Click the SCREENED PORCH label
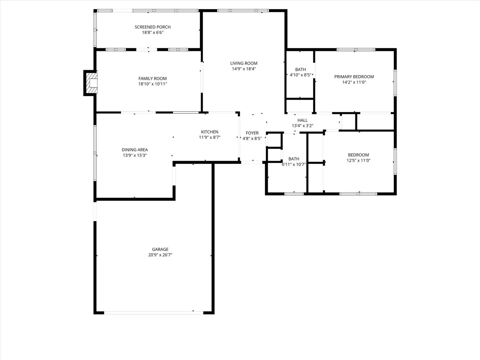click(153, 27)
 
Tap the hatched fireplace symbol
click(91, 83)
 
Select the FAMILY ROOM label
click(153, 78)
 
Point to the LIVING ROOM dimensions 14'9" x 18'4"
click(244, 69)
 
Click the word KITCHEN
click(210, 132)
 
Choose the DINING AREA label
click(135, 150)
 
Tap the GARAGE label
click(160, 249)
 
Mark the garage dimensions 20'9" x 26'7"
click(160, 255)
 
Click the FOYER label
click(252, 133)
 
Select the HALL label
click(302, 120)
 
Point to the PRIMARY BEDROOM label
click(354, 77)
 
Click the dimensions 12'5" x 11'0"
click(358, 161)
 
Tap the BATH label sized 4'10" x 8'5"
click(301, 69)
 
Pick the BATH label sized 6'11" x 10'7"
click(294, 159)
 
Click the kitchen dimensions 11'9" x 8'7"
click(210, 137)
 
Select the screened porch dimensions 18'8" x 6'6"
click(153, 32)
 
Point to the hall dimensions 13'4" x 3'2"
click(302, 126)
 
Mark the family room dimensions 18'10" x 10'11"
click(153, 84)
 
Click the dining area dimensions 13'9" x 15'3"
click(135, 156)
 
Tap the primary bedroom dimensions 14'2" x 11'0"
click(354, 82)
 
